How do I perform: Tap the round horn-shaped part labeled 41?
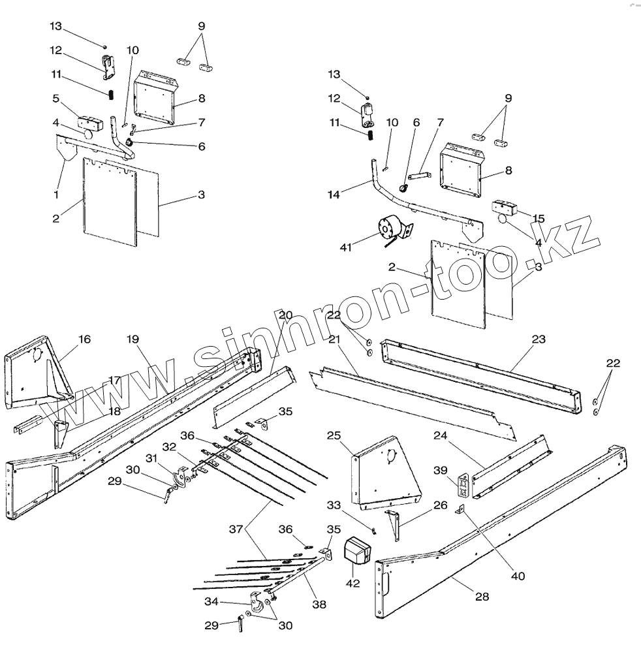[x=388, y=229]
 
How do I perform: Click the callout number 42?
[x=353, y=583]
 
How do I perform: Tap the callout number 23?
[x=539, y=339]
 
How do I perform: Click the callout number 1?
[x=56, y=194]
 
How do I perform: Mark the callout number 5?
[x=55, y=99]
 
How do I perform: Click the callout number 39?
[x=441, y=469]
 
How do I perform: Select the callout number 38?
[x=319, y=605]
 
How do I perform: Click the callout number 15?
[x=538, y=218]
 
